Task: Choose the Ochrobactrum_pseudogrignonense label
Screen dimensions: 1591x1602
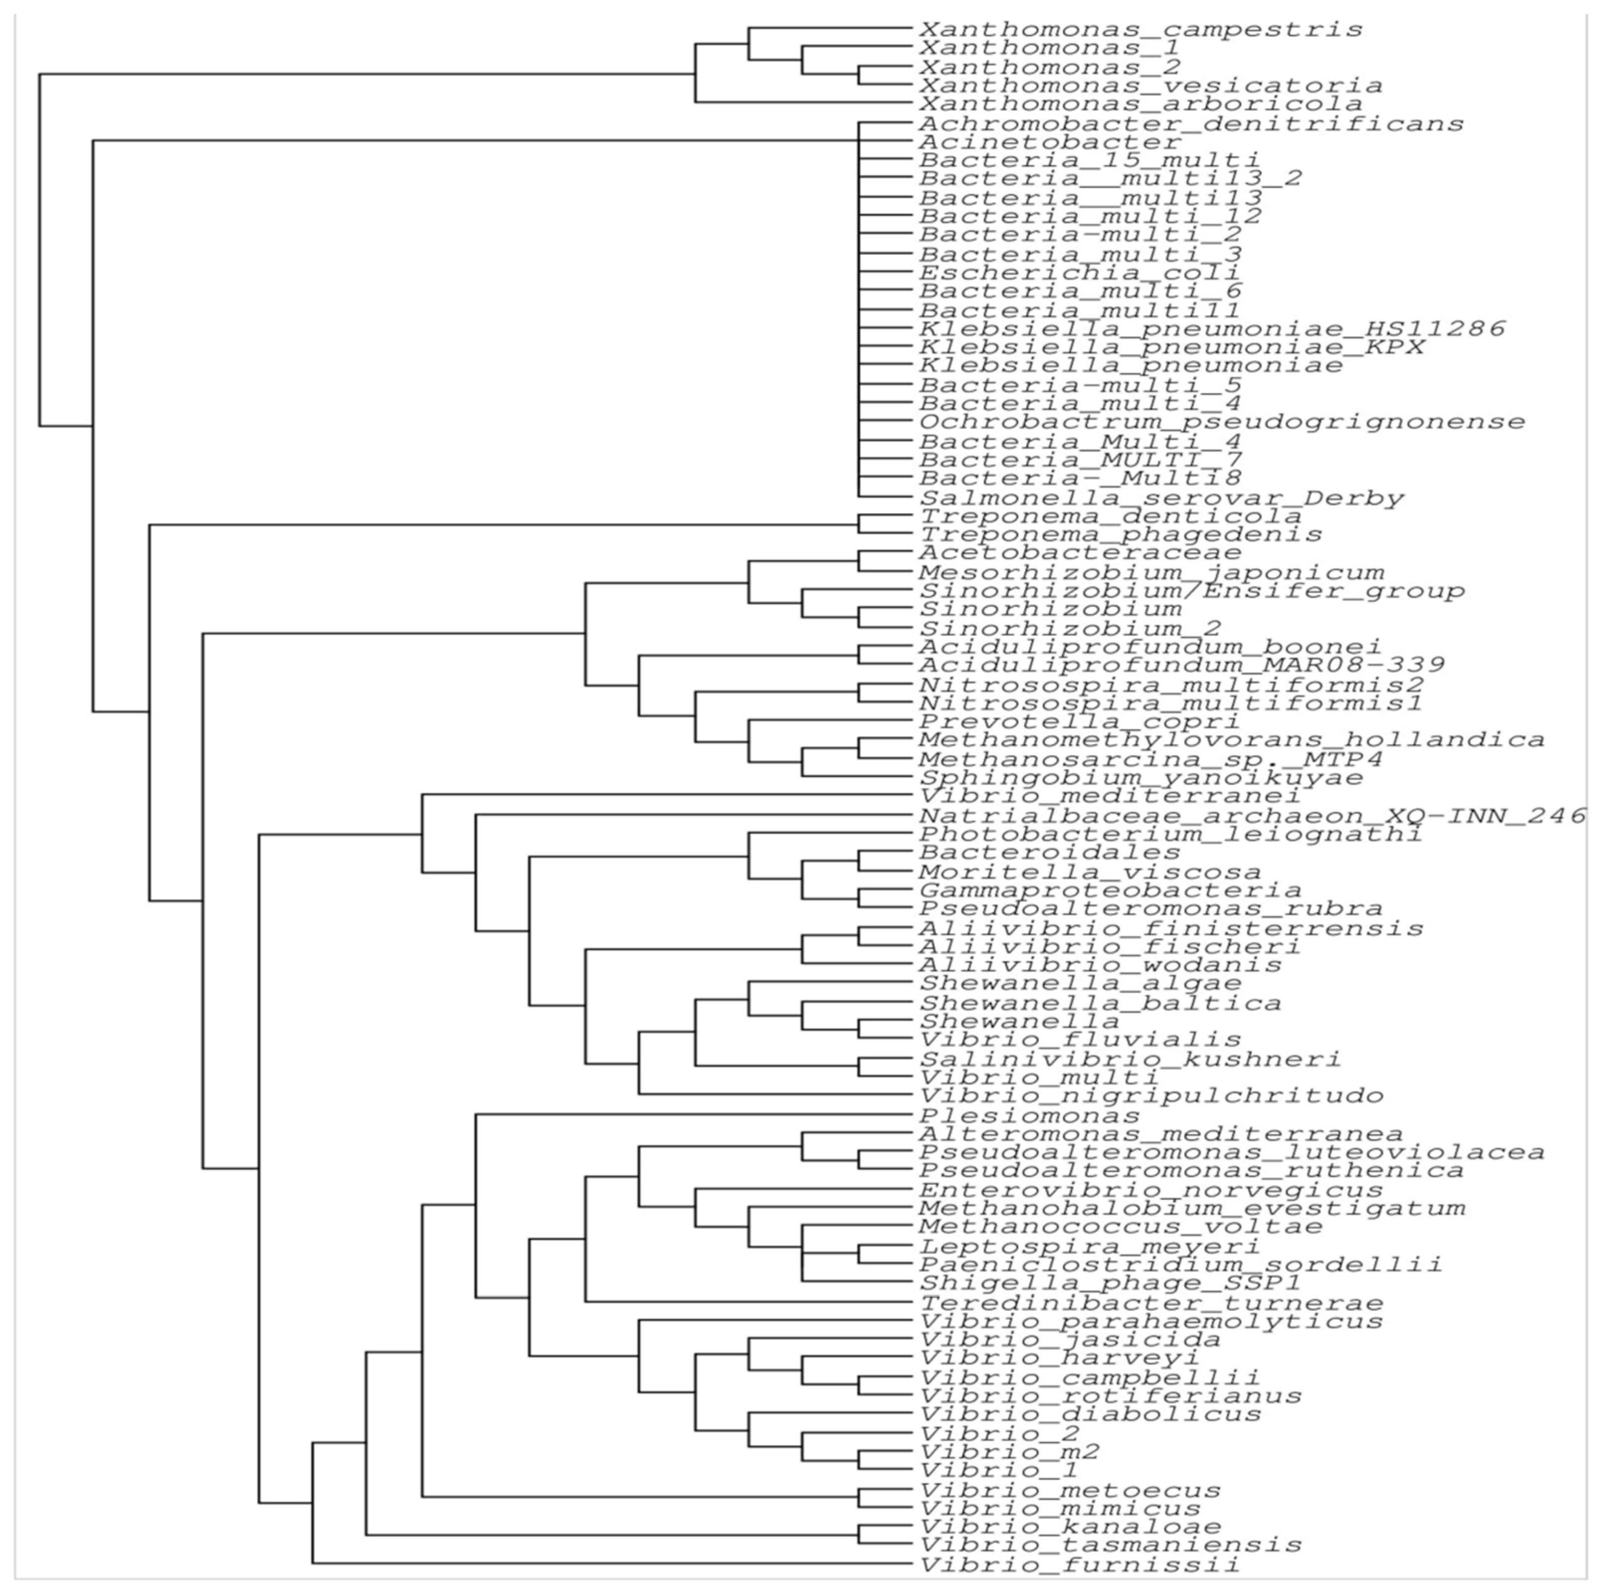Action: coord(1222,422)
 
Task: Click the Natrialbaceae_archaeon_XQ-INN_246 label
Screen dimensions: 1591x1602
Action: coord(1252,816)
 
